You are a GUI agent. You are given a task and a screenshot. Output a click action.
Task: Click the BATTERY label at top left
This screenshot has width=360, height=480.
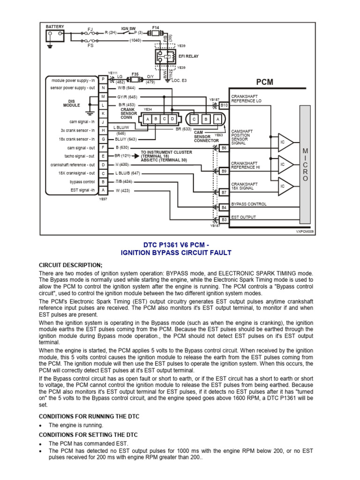tap(55, 27)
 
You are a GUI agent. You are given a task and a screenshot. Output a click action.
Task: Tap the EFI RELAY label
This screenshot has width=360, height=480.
tap(188, 56)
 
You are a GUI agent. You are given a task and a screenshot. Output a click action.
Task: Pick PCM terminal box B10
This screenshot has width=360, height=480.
tap(224, 106)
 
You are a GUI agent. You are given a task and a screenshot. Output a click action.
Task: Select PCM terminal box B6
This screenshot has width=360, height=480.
tap(224, 148)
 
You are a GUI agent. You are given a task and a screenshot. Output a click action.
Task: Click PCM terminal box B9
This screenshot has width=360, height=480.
tap(224, 171)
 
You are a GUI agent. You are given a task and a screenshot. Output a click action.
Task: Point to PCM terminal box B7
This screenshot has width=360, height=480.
tap(224, 192)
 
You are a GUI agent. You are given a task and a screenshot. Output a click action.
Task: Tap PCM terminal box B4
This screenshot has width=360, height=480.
tap(224, 207)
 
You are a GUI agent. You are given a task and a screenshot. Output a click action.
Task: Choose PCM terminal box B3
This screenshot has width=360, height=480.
tap(224, 219)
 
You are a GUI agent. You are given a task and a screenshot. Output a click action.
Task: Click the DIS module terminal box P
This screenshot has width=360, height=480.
tap(103, 80)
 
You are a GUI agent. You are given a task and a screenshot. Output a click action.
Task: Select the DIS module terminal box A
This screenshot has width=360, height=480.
tap(103, 190)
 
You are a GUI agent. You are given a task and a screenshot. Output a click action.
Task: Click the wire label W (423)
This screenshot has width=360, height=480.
tap(123, 190)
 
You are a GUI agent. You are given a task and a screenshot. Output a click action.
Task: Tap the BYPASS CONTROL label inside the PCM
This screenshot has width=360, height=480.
tap(249, 204)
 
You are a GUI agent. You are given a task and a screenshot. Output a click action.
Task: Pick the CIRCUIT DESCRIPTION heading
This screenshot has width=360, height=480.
tap(70, 265)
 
